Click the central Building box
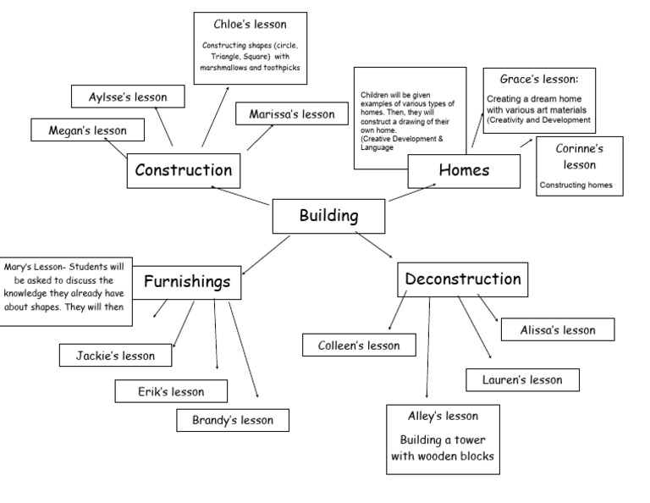[x=328, y=216]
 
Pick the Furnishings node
[x=186, y=282]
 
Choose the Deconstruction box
[x=463, y=279]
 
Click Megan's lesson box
[x=87, y=130]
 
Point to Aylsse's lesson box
[x=128, y=97]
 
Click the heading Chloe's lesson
[x=250, y=24]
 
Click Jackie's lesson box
[x=116, y=356]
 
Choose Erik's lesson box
[x=171, y=391]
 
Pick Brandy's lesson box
[x=232, y=420]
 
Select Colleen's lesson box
[x=360, y=345]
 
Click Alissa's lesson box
[x=558, y=330]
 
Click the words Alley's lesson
[x=443, y=416]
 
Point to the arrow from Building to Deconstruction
[x=374, y=245]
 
